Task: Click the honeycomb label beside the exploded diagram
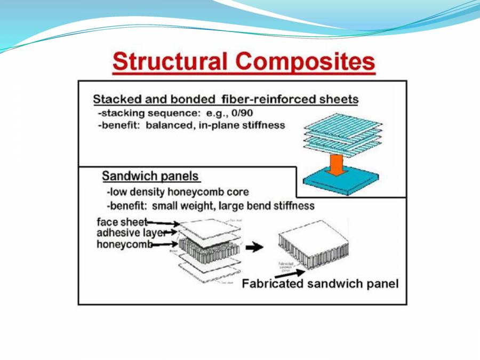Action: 124,244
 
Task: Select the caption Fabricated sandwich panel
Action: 320,284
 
